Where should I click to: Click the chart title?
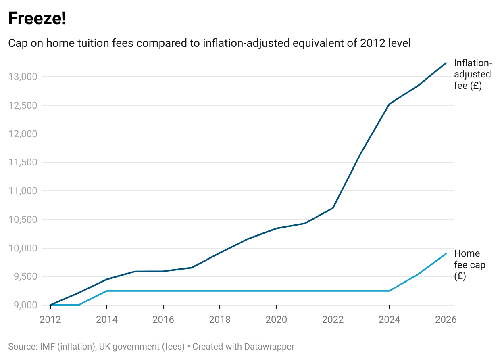click(209, 43)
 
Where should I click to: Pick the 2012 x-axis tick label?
click(50, 320)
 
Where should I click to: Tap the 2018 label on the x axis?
click(220, 320)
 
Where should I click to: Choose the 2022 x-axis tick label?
click(333, 320)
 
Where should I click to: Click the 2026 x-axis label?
click(446, 320)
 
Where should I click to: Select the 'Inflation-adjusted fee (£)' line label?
click(473, 75)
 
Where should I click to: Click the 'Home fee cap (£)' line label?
click(468, 265)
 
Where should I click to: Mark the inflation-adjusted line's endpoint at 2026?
click(446, 63)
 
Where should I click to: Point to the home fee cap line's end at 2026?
click(446, 253)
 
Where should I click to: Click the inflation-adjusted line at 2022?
click(333, 208)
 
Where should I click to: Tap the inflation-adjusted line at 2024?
click(389, 104)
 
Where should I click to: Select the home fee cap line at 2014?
click(107, 291)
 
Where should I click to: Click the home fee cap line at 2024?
click(389, 291)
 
